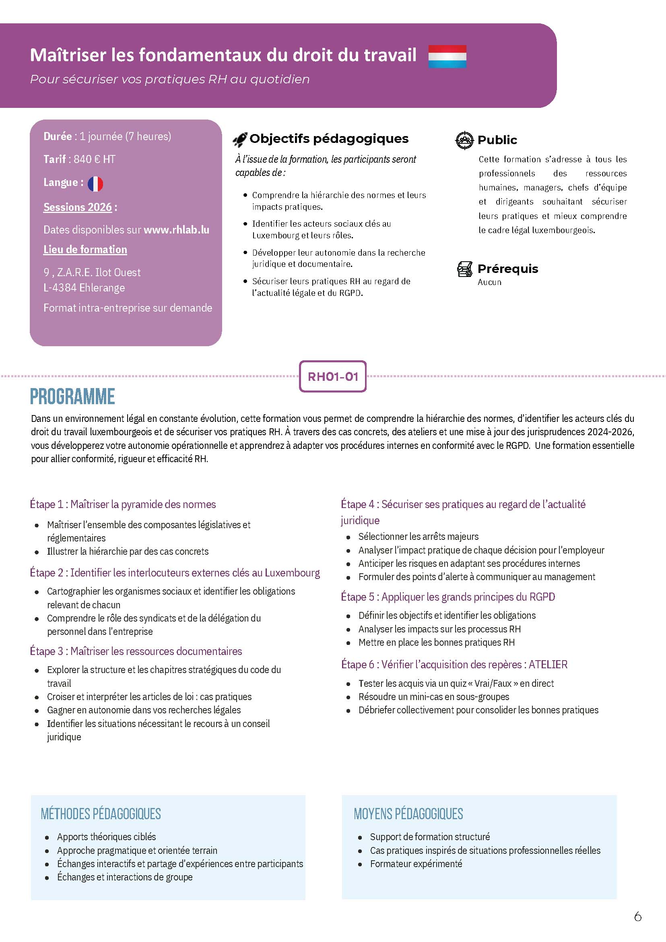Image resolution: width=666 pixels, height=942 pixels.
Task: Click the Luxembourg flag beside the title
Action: click(x=447, y=56)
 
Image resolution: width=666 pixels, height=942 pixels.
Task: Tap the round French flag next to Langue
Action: click(x=95, y=184)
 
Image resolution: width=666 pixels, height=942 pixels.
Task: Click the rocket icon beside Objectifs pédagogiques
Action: click(x=240, y=140)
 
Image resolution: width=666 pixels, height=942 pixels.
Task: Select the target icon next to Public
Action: click(x=464, y=140)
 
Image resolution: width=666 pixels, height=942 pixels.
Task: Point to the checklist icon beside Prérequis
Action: click(x=465, y=269)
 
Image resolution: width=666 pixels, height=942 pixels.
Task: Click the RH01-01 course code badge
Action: click(x=332, y=376)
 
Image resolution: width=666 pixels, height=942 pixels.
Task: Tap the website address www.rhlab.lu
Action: click(x=176, y=230)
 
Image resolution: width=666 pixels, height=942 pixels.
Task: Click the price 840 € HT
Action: click(x=94, y=159)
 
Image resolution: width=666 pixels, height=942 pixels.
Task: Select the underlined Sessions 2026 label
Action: click(x=78, y=207)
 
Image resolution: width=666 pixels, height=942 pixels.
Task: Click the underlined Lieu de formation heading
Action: click(x=85, y=250)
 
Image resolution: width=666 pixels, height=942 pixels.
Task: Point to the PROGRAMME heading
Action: click(x=72, y=397)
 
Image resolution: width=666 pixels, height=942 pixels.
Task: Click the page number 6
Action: click(x=637, y=916)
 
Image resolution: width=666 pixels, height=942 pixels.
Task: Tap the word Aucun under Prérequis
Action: click(x=489, y=282)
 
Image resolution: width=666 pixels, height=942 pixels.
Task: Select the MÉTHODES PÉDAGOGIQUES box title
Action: click(x=101, y=814)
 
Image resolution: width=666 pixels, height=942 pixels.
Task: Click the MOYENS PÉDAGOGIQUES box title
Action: click(x=408, y=814)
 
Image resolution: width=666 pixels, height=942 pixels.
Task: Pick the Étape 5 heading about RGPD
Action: click(x=448, y=597)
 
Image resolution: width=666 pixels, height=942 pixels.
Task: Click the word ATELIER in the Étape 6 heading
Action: click(x=548, y=665)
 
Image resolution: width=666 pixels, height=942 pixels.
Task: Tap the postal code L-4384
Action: click(x=60, y=288)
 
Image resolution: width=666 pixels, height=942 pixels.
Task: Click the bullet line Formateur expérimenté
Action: click(x=416, y=863)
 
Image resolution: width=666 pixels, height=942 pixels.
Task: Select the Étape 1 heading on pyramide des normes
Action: click(x=123, y=504)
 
